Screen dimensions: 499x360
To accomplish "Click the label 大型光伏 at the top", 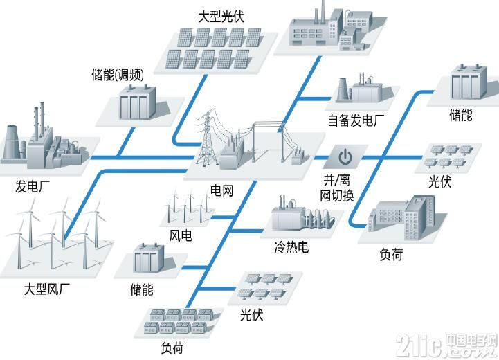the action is click(221, 17).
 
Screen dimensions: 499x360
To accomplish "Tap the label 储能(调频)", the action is click(118, 75).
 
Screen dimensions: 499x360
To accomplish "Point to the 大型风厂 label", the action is click(47, 289).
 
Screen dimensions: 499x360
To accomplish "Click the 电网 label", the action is click(221, 190).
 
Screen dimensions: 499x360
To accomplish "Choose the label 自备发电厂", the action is click(356, 121).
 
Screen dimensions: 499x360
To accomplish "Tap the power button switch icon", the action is click(345, 157).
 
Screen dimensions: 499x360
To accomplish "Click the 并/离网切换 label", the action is click(336, 188).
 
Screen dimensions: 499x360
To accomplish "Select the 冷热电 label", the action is click(291, 246).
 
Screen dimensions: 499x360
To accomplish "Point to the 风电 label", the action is click(181, 235).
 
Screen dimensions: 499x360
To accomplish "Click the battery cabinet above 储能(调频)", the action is click(138, 102).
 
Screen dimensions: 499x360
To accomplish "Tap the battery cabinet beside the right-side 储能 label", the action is click(469, 82).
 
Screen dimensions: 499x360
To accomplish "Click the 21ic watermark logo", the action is click(446, 345).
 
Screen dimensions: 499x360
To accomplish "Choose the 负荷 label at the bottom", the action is click(172, 348).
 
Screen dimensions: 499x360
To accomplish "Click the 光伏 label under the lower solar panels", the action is click(251, 315).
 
